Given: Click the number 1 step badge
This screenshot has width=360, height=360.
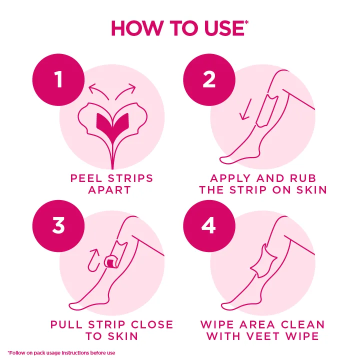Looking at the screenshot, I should click(x=58, y=79).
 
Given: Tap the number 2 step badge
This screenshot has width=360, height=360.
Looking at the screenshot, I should click(x=209, y=79).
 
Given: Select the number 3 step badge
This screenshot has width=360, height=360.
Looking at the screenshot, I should click(x=58, y=225).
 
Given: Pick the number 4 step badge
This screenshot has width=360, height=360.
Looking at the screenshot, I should click(x=209, y=225).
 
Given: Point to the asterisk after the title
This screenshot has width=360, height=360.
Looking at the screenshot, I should click(x=246, y=22).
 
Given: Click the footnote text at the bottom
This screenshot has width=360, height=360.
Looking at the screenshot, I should click(x=61, y=353).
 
